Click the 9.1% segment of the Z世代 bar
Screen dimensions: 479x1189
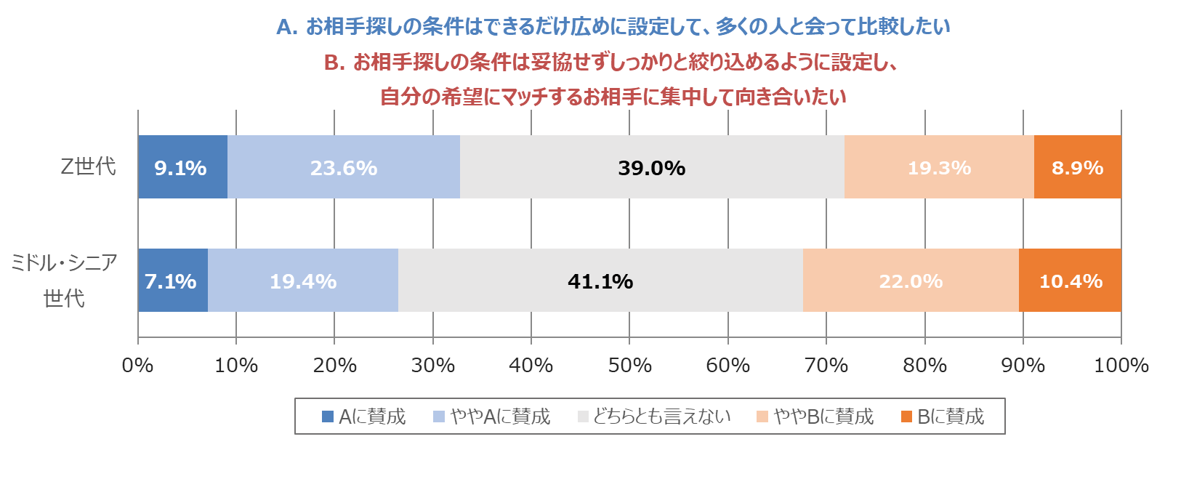click(182, 167)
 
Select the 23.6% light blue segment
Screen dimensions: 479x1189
click(344, 167)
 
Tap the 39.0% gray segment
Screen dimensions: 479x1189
click(652, 167)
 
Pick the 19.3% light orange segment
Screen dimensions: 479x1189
click(939, 167)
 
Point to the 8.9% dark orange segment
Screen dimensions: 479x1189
click(1077, 167)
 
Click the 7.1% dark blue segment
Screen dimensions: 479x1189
click(172, 281)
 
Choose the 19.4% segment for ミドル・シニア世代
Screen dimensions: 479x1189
click(303, 281)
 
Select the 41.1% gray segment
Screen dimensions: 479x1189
click(600, 281)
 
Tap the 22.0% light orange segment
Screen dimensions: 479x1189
click(911, 281)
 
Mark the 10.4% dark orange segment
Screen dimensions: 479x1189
click(1071, 281)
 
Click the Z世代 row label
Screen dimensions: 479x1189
click(88, 166)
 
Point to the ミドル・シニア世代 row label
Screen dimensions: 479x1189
click(64, 280)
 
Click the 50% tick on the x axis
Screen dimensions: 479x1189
click(629, 365)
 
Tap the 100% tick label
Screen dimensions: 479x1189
click(1121, 365)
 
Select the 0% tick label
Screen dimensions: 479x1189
click(138, 365)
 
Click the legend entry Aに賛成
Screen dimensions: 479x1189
click(364, 416)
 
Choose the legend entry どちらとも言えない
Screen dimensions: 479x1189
click(654, 416)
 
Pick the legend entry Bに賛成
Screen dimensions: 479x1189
click(943, 416)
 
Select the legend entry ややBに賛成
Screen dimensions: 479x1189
click(815, 416)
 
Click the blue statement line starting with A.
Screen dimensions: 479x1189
click(613, 27)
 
